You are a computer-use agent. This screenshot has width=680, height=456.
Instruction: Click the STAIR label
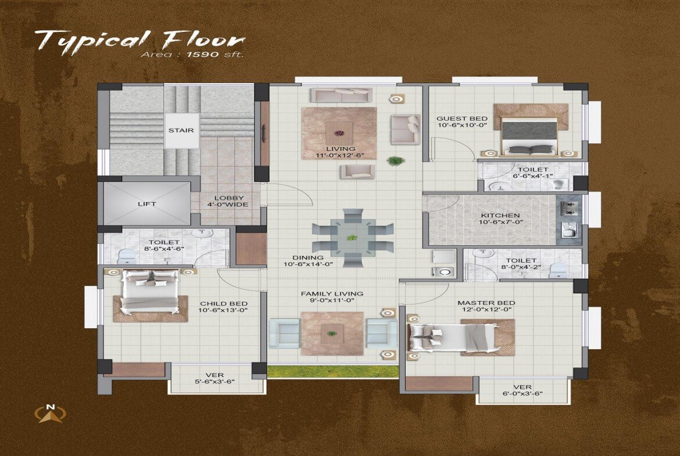[181, 131]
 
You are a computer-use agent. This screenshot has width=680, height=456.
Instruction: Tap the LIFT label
[146, 204]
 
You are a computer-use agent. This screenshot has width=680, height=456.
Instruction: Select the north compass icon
[51, 413]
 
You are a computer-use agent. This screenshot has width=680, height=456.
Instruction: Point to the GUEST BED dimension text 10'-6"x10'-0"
[461, 125]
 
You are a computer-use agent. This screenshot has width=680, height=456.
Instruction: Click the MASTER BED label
[486, 303]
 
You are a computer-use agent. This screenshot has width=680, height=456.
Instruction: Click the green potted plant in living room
[396, 160]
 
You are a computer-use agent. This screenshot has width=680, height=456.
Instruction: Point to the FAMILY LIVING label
[332, 293]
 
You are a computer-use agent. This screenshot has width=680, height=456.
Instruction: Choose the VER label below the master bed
[522, 387]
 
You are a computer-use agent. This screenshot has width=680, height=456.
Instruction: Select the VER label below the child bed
[214, 375]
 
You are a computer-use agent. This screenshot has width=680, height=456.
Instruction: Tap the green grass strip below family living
[332, 372]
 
